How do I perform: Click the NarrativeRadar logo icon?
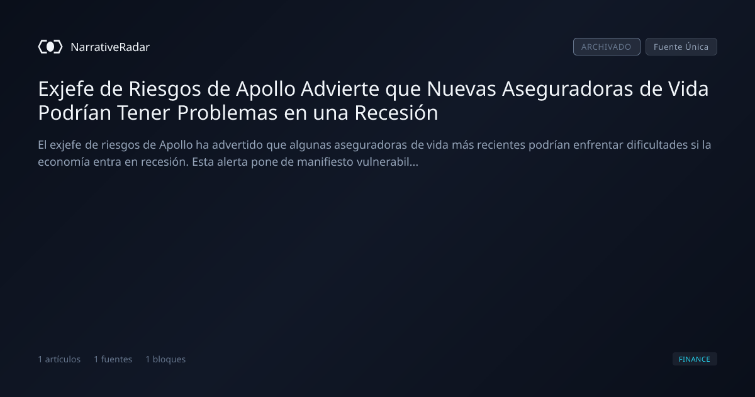[x=50, y=47]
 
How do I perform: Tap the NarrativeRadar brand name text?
[x=110, y=47]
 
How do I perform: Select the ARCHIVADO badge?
[x=607, y=47]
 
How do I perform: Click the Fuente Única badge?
[x=681, y=47]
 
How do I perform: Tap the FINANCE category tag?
[x=695, y=359]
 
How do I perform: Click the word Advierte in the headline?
[x=340, y=89]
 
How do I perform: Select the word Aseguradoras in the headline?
[x=568, y=89]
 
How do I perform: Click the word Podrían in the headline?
[x=74, y=113]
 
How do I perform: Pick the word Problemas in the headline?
[x=227, y=113]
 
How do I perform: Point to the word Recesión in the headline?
[x=396, y=113]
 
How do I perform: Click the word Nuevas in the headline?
[x=461, y=89]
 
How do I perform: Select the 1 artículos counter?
[x=59, y=359]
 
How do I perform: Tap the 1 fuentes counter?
[x=113, y=359]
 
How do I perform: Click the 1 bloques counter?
[x=165, y=359]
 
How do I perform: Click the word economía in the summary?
[x=64, y=162]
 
